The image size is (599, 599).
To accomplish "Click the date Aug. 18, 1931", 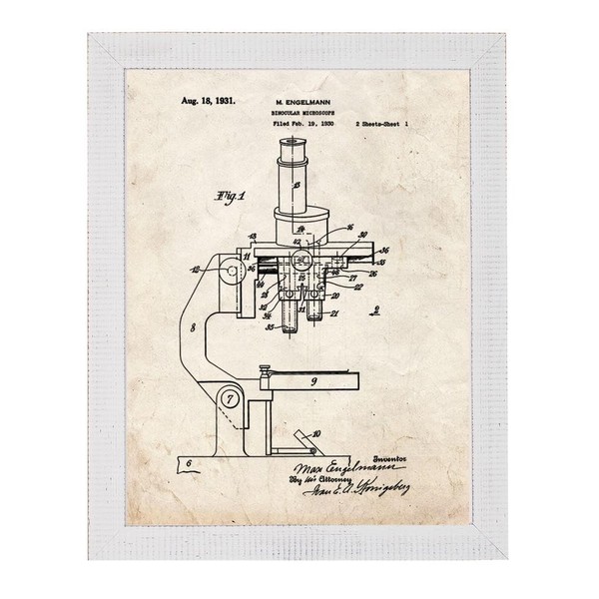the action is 208,101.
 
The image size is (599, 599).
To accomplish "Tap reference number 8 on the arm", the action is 190,327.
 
